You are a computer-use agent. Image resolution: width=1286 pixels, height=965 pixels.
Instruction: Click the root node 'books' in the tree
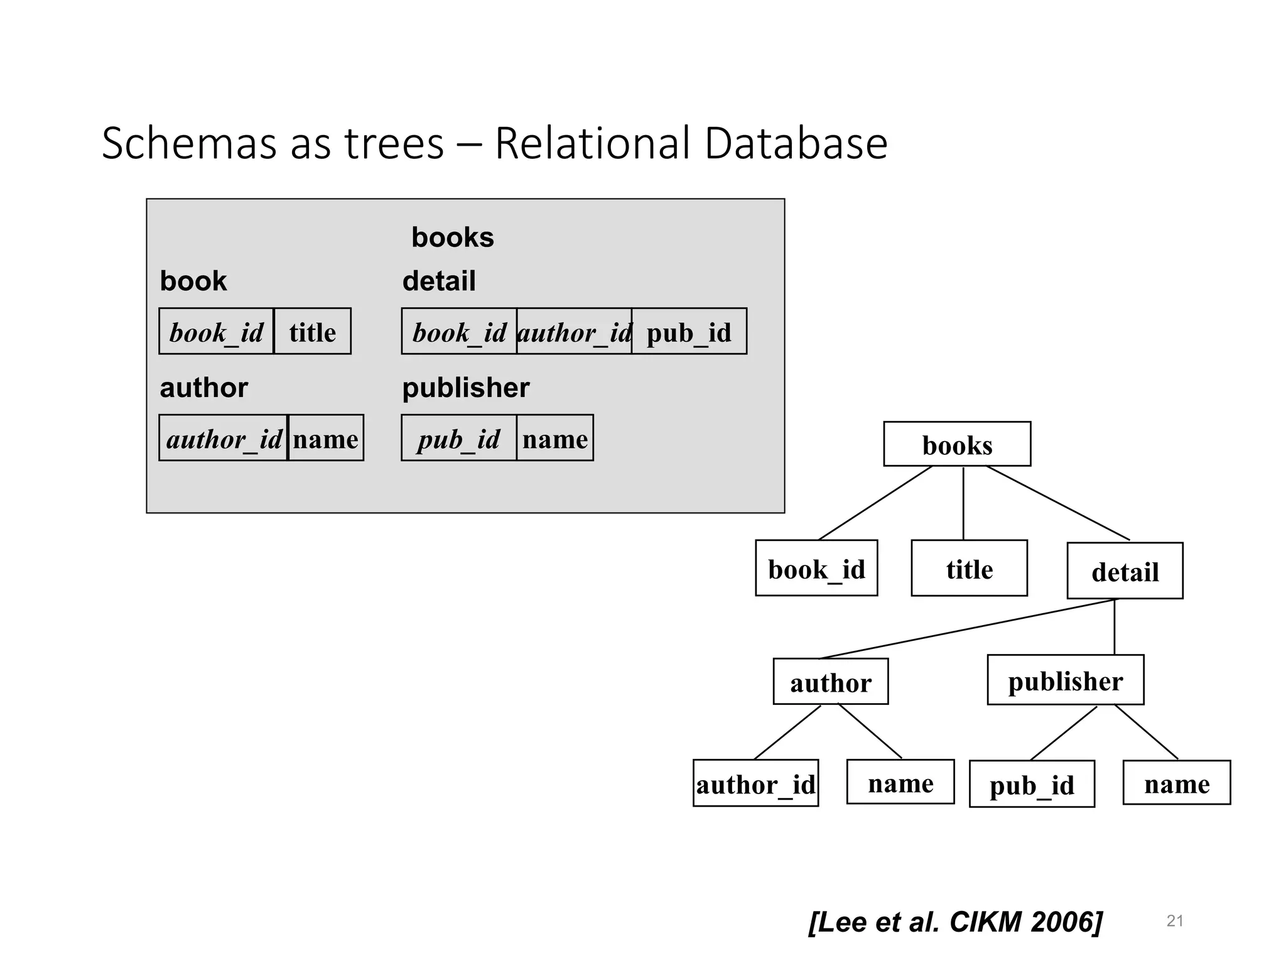tap(956, 444)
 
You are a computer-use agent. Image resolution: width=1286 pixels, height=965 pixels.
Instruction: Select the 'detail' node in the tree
tap(1125, 571)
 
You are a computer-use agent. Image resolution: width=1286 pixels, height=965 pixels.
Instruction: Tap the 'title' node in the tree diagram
tap(969, 569)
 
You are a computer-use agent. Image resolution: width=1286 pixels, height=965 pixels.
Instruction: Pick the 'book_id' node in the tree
tap(816, 569)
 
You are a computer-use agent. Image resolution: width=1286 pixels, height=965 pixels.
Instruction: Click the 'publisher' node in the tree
tap(1065, 680)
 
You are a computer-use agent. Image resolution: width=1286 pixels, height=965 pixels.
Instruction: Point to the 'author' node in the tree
tap(830, 682)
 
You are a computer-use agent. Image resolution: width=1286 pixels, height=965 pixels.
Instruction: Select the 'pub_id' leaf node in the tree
tap(1031, 785)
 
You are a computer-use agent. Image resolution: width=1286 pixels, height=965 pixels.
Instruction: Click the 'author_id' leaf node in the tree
tap(755, 783)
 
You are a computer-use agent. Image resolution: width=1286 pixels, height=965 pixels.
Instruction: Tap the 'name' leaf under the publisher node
tap(1176, 783)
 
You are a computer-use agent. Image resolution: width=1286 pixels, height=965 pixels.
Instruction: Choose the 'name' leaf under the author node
tap(900, 783)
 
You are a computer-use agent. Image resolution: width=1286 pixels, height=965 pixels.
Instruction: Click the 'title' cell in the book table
tap(312, 332)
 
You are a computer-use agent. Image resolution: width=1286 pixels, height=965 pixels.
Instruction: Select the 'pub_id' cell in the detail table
tap(689, 332)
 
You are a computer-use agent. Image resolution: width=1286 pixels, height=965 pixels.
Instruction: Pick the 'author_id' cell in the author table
tap(223, 439)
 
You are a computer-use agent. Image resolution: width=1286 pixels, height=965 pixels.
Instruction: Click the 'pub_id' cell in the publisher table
tap(458, 439)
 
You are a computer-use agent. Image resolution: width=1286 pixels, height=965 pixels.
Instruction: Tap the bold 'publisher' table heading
tap(465, 388)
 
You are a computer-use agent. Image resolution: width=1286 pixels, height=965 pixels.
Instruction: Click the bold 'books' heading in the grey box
tap(452, 237)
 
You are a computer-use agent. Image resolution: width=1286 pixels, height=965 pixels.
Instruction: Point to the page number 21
tap(1174, 921)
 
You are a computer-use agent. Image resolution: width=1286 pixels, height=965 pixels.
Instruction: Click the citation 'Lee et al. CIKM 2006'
tap(955, 922)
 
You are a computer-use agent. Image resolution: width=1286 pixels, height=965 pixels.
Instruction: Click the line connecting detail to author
tap(967, 629)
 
